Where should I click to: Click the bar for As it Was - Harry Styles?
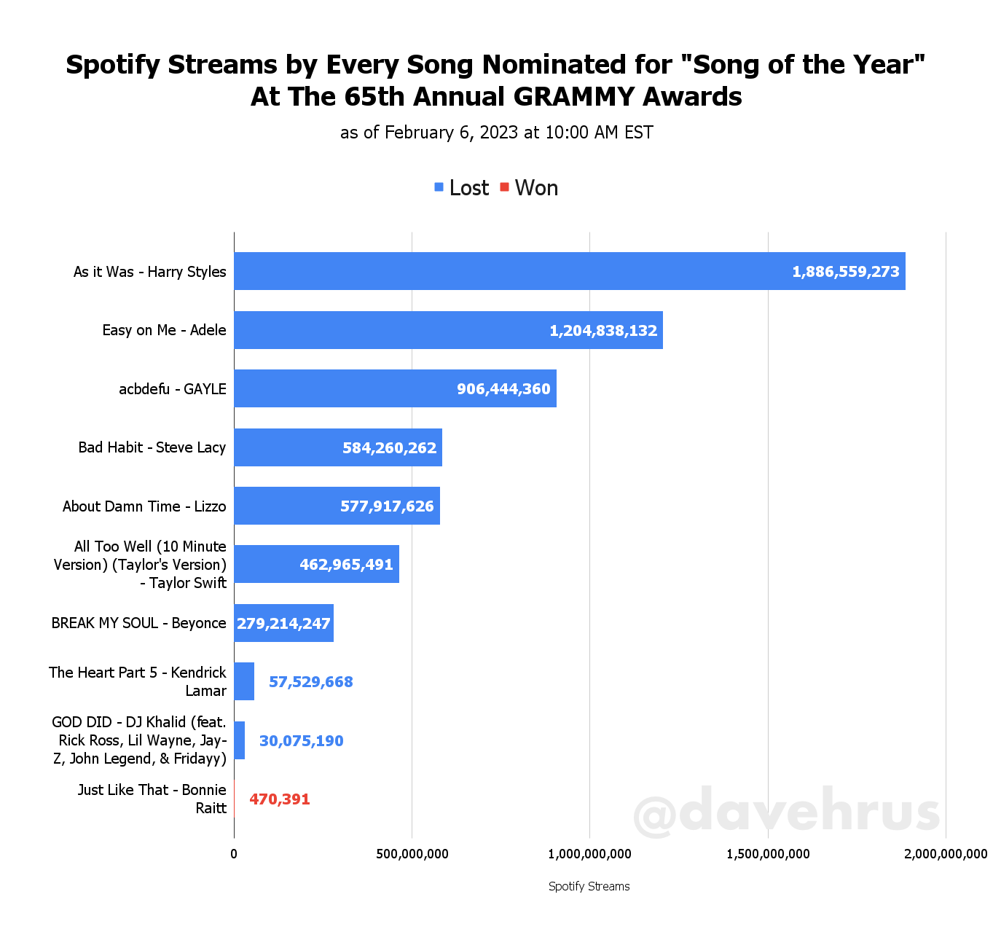pos(568,271)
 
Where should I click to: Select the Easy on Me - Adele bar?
pos(448,330)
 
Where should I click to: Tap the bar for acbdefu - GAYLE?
pos(395,388)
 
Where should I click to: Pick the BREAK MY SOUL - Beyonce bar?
pos(283,623)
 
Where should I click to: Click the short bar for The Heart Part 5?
pos(244,681)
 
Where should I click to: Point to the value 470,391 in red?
pos(280,799)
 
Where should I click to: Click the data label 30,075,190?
pos(302,741)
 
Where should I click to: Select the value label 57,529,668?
pos(311,682)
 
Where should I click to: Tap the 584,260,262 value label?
pos(390,448)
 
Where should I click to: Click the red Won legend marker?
pos(504,187)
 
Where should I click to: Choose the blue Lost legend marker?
pos(439,187)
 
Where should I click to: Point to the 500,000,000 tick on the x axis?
pos(412,854)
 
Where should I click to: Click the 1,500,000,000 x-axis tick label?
pos(768,854)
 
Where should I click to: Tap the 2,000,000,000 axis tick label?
pos(946,854)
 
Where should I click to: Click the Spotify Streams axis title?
pos(589,886)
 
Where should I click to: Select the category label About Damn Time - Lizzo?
pos(144,506)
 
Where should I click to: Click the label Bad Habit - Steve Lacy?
pos(152,447)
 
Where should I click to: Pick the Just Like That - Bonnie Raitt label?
pos(152,799)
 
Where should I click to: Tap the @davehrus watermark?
pos(787,811)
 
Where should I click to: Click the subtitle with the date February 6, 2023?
pos(497,133)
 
